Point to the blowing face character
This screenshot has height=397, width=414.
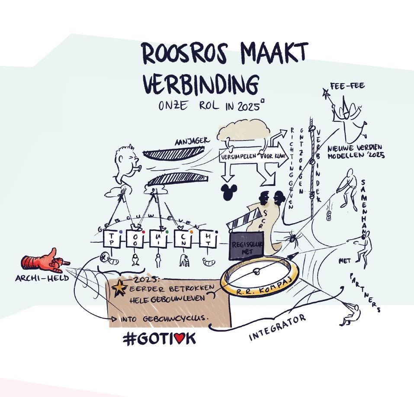point(126,163)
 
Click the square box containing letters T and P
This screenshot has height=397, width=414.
point(111,239)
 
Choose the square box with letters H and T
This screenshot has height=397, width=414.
point(209,239)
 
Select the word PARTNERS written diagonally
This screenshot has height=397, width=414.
point(366,292)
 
